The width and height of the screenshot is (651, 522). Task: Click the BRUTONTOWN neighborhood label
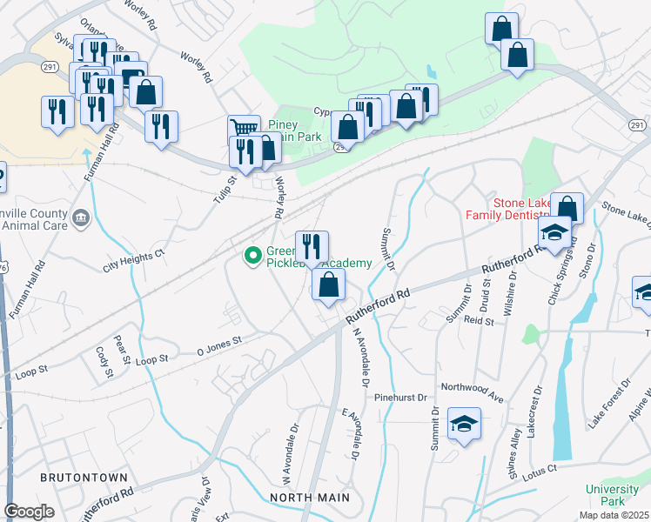[x=84, y=478]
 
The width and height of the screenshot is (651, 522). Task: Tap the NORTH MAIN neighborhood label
[x=310, y=498]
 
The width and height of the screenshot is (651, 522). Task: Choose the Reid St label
[x=479, y=321]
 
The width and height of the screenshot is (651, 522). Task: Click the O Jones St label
[x=219, y=346]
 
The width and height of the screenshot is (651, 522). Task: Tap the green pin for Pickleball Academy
[x=252, y=255]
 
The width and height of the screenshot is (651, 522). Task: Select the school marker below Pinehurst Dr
[x=464, y=425]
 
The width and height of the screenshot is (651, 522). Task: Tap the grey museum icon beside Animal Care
[x=81, y=217]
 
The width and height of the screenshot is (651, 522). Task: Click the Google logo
[x=29, y=512]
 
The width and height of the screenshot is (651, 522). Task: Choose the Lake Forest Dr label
[x=607, y=405]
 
